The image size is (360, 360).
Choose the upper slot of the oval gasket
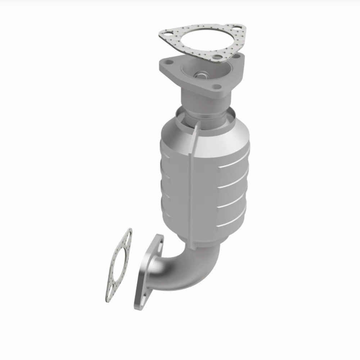pos(127,236)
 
